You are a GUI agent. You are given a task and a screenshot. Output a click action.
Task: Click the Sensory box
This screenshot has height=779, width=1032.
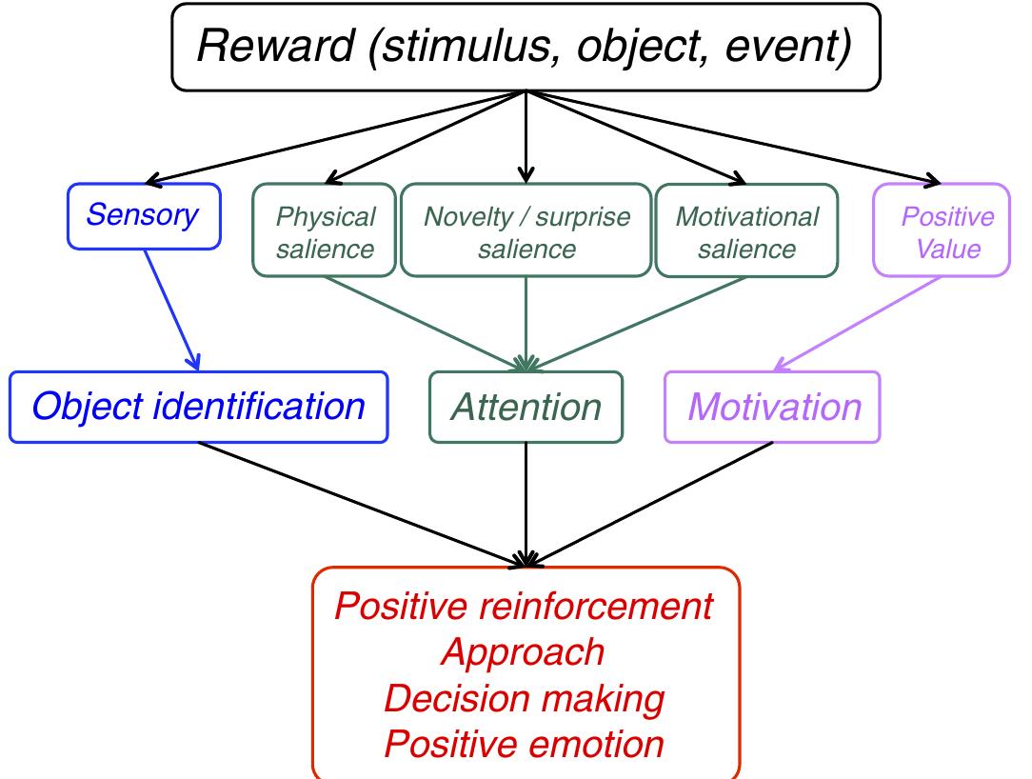(x=143, y=215)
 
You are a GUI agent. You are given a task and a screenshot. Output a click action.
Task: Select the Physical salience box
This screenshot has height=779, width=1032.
(x=325, y=232)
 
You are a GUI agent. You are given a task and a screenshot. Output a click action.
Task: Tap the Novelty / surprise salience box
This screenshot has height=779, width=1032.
(x=526, y=232)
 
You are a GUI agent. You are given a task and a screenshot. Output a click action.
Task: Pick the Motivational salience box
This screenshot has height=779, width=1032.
(x=746, y=232)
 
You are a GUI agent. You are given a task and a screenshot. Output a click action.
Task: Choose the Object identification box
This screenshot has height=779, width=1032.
(x=198, y=408)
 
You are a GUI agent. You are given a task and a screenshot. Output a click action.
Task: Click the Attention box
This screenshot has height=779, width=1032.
(x=526, y=408)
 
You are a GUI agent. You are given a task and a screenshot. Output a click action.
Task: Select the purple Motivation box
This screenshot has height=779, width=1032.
(x=773, y=408)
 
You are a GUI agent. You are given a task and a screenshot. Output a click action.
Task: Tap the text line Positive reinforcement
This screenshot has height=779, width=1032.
(x=525, y=607)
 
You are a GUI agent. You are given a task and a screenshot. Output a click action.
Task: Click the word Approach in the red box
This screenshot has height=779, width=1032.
(x=525, y=652)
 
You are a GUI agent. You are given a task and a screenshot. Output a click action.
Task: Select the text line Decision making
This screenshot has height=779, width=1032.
(x=525, y=698)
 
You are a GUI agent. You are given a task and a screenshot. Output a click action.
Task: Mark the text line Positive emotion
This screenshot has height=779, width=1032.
(x=525, y=744)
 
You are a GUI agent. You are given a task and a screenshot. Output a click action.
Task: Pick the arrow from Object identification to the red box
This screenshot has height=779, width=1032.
(x=362, y=503)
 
